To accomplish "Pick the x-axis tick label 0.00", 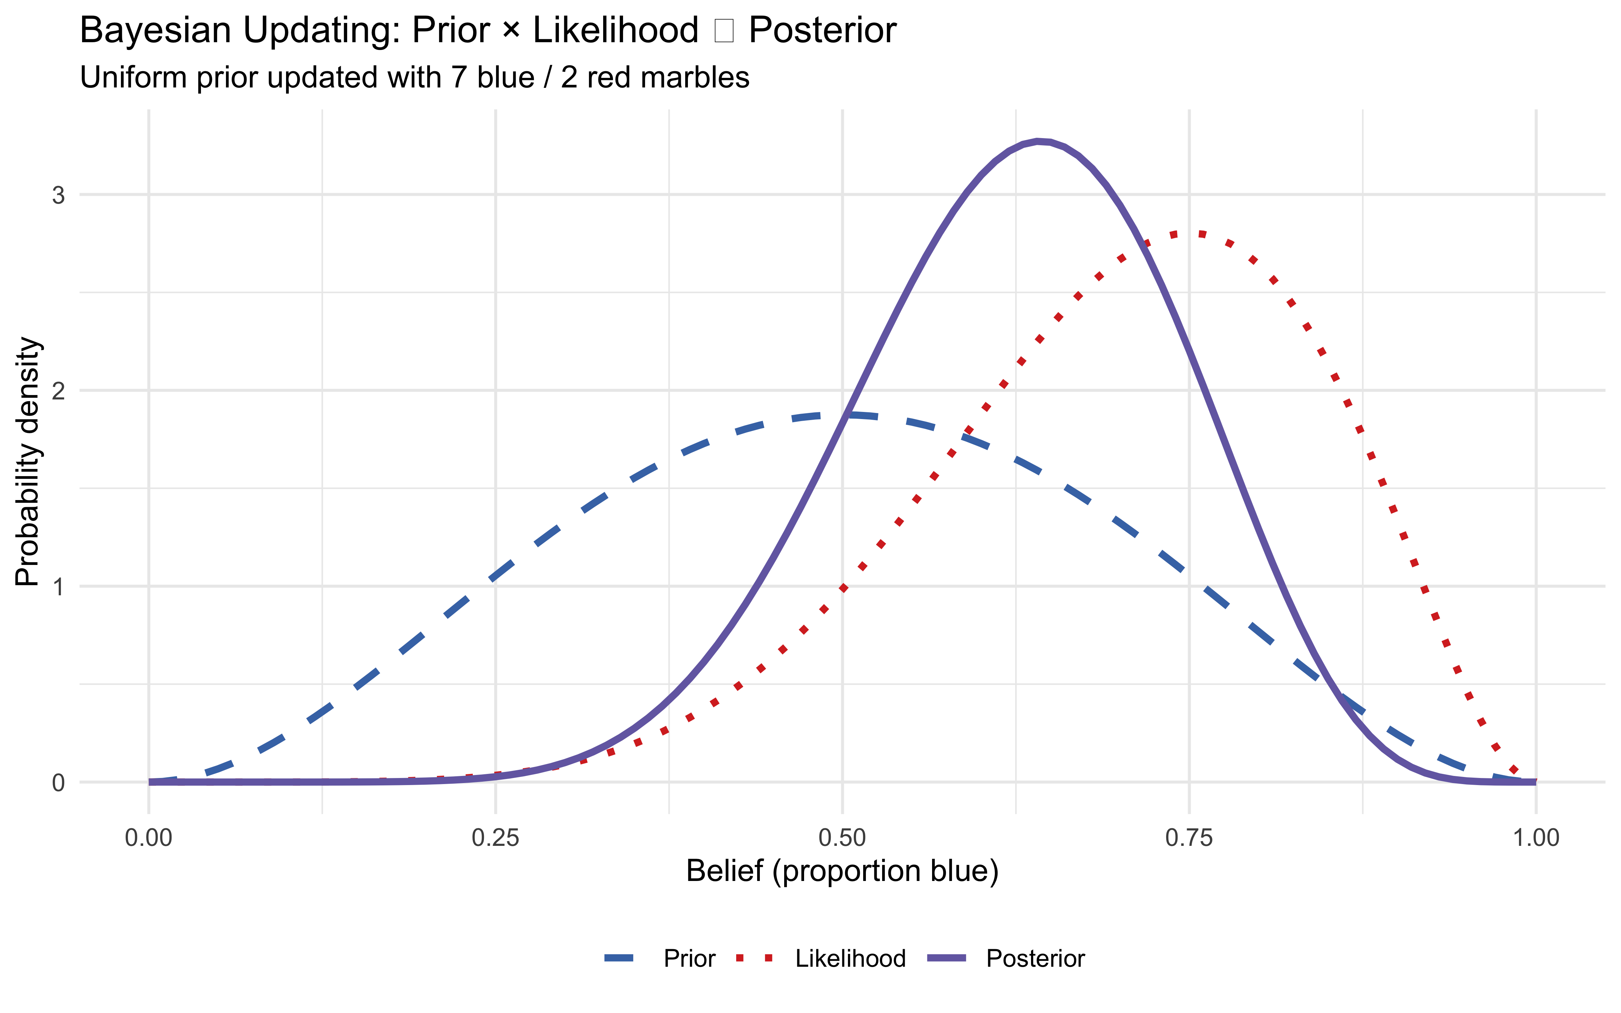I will coord(149,837).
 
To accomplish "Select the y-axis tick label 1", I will coord(59,587).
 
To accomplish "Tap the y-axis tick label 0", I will coord(59,782).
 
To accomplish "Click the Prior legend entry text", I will coord(689,959).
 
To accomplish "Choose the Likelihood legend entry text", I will coord(850,959).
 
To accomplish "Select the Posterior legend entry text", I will coord(1035,959).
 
